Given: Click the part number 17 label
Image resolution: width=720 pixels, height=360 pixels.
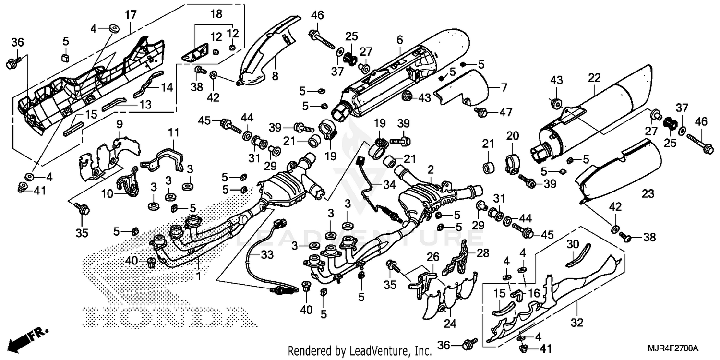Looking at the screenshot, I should [131, 15].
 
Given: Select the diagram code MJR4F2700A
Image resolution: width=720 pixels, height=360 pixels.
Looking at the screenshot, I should [673, 347].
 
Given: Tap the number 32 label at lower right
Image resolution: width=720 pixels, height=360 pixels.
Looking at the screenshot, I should [577, 323].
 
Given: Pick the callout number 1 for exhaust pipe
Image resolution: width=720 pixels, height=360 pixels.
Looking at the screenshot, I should [199, 277].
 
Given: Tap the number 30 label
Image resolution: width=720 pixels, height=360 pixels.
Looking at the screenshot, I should [573, 243].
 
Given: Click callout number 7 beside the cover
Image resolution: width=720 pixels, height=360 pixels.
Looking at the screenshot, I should [504, 87].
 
